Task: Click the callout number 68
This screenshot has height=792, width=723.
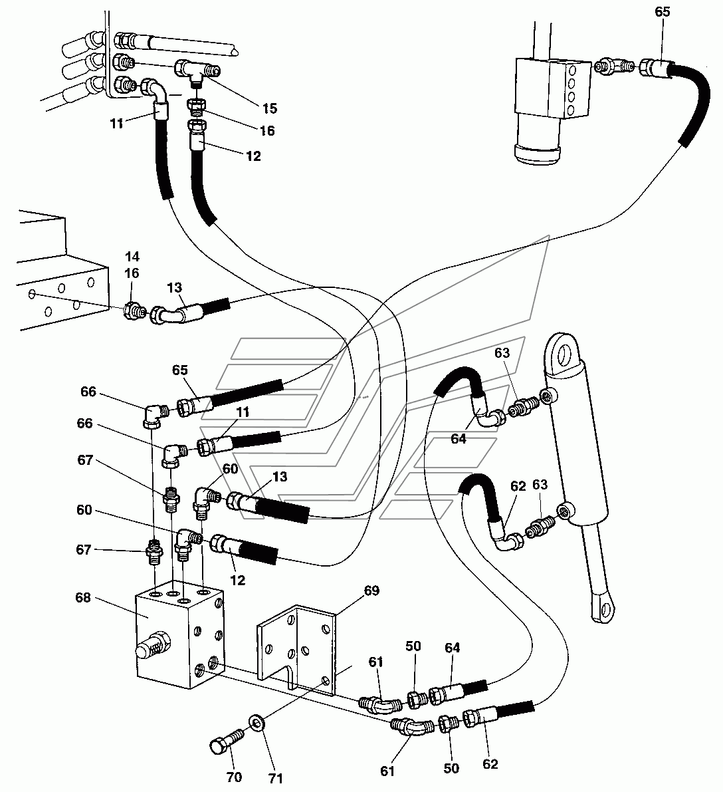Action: click(83, 598)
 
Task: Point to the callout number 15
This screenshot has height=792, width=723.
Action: click(270, 108)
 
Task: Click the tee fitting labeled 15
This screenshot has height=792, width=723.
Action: click(197, 70)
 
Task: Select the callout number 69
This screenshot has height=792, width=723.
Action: click(371, 591)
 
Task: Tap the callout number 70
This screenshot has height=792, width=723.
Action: click(235, 776)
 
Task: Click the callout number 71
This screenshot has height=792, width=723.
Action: click(274, 778)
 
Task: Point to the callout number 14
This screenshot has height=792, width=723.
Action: click(132, 257)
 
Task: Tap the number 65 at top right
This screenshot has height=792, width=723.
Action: click(663, 11)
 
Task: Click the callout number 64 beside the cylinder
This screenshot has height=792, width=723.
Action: click(458, 439)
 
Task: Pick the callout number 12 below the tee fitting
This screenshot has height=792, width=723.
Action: click(253, 156)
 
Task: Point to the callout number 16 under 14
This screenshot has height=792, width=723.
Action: click(132, 273)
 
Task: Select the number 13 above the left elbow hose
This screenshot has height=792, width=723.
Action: click(174, 287)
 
